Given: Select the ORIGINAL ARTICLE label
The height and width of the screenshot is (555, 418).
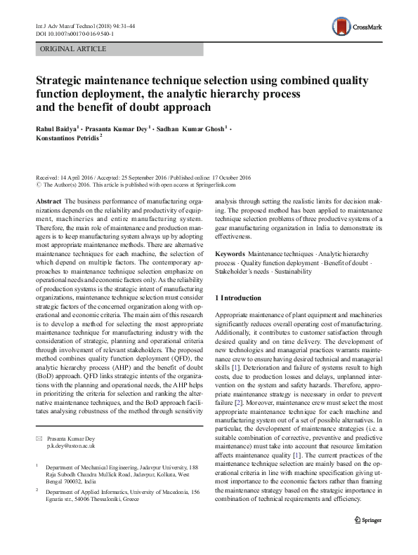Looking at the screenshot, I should [x=74, y=49].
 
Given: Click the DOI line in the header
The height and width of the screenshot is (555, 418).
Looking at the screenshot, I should [x=77, y=32].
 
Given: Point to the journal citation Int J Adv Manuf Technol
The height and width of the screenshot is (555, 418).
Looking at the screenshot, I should [x=67, y=25].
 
